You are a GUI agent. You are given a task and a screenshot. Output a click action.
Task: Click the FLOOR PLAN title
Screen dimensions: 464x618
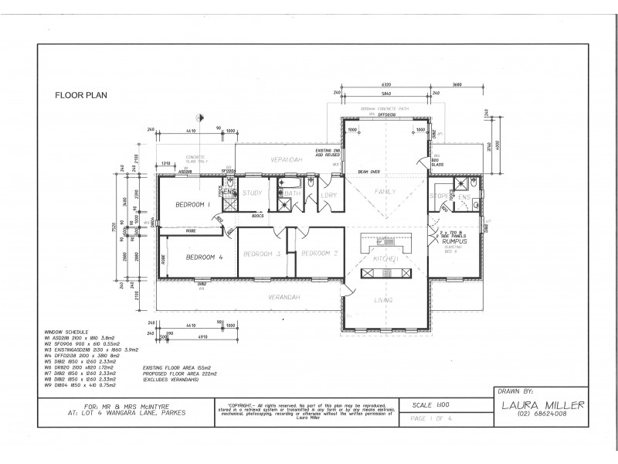point(80,96)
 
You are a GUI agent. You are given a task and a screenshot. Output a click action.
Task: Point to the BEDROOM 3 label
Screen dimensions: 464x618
point(261,254)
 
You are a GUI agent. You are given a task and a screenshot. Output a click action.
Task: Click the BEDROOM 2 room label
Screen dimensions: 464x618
point(319,254)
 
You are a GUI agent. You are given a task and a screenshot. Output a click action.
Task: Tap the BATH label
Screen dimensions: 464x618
point(291,193)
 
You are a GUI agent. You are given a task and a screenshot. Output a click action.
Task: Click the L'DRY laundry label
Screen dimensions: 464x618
point(330,195)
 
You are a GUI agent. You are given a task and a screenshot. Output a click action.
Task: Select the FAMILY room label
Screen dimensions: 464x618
point(385,190)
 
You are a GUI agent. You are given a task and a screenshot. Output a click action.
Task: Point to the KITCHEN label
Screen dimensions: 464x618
point(386,258)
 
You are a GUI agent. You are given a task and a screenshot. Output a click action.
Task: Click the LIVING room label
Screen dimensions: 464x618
point(384,299)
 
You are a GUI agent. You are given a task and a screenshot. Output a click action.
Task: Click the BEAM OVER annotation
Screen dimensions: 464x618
point(369,172)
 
